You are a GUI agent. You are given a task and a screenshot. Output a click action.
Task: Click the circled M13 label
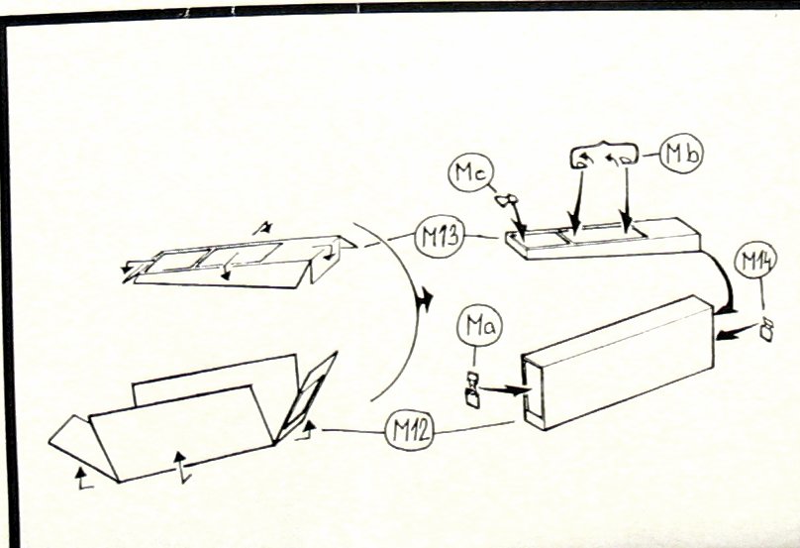(440, 236)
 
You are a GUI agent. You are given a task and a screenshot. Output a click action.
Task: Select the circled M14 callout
(755, 262)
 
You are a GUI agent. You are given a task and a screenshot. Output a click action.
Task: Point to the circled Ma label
(479, 327)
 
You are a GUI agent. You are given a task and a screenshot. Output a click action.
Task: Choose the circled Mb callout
(681, 153)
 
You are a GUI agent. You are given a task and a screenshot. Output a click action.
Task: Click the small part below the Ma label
(473, 389)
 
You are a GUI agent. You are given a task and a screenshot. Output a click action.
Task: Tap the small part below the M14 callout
(766, 329)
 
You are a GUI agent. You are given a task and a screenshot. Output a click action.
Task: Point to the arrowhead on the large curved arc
(425, 298)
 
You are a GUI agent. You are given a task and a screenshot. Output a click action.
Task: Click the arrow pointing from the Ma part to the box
(505, 391)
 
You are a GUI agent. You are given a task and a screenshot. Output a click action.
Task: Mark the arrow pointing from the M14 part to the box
(737, 333)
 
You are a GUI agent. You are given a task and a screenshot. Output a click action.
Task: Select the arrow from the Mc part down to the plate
(518, 221)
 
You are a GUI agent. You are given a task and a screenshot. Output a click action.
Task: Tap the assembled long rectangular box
(618, 363)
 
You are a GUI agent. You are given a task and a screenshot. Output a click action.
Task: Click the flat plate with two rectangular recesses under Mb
(603, 239)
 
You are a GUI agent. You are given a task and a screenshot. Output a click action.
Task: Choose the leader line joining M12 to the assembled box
(474, 428)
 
